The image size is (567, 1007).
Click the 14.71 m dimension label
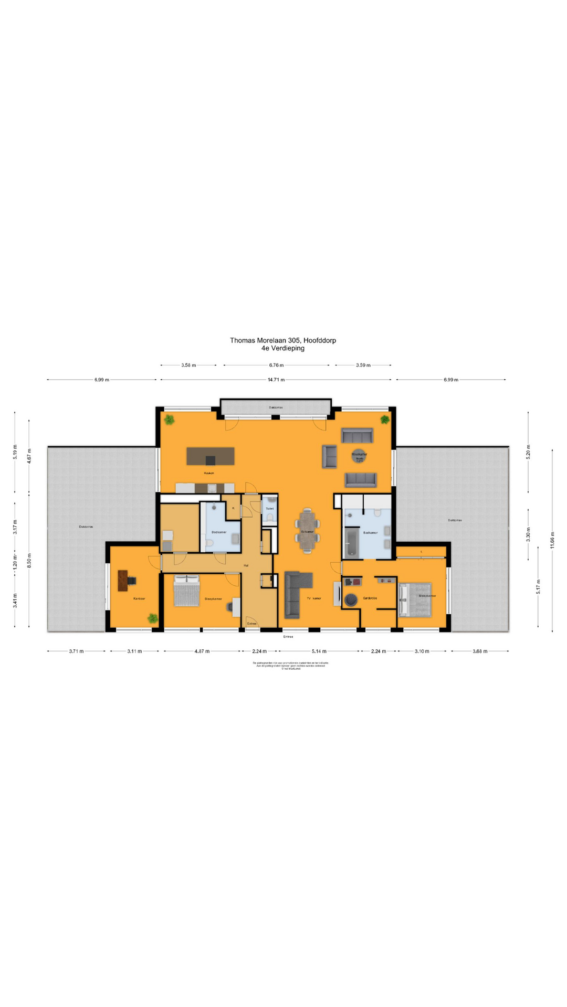point(276,380)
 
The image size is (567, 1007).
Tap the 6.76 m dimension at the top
point(276,365)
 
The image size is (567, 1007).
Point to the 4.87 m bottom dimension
point(202,651)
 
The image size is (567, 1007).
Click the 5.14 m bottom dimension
point(319,651)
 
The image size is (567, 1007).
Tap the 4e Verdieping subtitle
point(282,348)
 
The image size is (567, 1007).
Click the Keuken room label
point(209,473)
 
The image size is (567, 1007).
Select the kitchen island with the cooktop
point(210,456)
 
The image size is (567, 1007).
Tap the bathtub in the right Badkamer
point(351,543)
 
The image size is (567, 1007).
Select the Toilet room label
point(269,509)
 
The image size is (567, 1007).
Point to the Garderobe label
point(370,598)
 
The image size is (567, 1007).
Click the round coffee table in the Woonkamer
point(359,457)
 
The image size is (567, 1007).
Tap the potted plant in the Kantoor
point(152,618)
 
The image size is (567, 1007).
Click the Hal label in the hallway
point(246,565)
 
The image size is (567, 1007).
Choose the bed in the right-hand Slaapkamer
point(415,599)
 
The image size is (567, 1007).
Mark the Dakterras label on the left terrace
point(86,527)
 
